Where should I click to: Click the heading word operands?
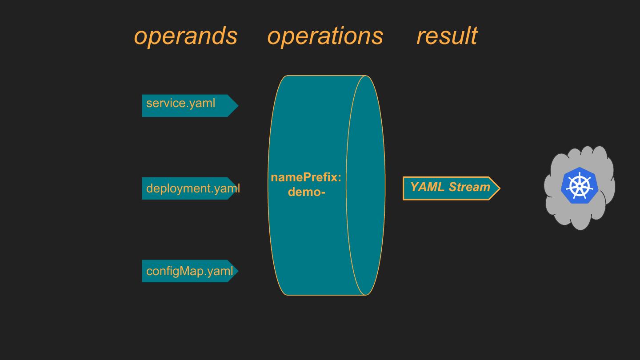pyautogui.click(x=186, y=36)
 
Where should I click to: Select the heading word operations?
pyautogui.click(x=325, y=36)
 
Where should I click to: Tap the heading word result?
pyautogui.click(x=447, y=36)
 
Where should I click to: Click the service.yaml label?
pyautogui.click(x=180, y=103)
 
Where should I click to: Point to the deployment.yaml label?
pyautogui.click(x=192, y=188)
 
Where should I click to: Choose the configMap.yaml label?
pyautogui.click(x=189, y=271)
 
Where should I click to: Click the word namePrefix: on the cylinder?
pyautogui.click(x=306, y=178)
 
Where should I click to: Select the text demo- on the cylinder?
pyautogui.click(x=307, y=192)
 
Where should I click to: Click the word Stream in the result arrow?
pyautogui.click(x=469, y=187)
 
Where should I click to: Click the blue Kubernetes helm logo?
pyautogui.click(x=579, y=186)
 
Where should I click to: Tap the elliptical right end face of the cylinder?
pyautogui.click(x=365, y=185)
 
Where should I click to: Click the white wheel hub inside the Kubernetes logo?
pyautogui.click(x=579, y=186)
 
